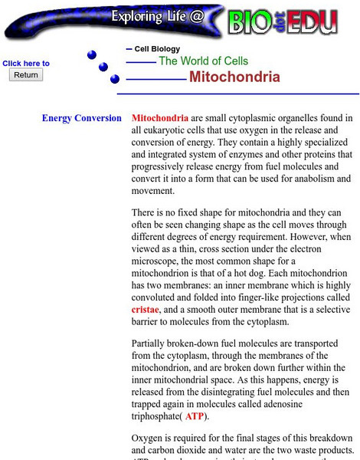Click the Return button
point(26,75)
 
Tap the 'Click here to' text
point(26,64)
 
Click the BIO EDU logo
point(283,21)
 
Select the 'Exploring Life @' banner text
point(158,18)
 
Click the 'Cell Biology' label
point(157,49)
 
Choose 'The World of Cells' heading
point(203,61)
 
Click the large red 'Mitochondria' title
point(234,77)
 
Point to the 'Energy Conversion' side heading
point(82,119)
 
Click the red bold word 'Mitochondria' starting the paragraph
point(160,119)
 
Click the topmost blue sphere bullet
point(92,54)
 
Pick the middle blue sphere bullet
point(103,67)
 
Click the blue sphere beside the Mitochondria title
point(115,79)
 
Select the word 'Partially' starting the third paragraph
point(152,343)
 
